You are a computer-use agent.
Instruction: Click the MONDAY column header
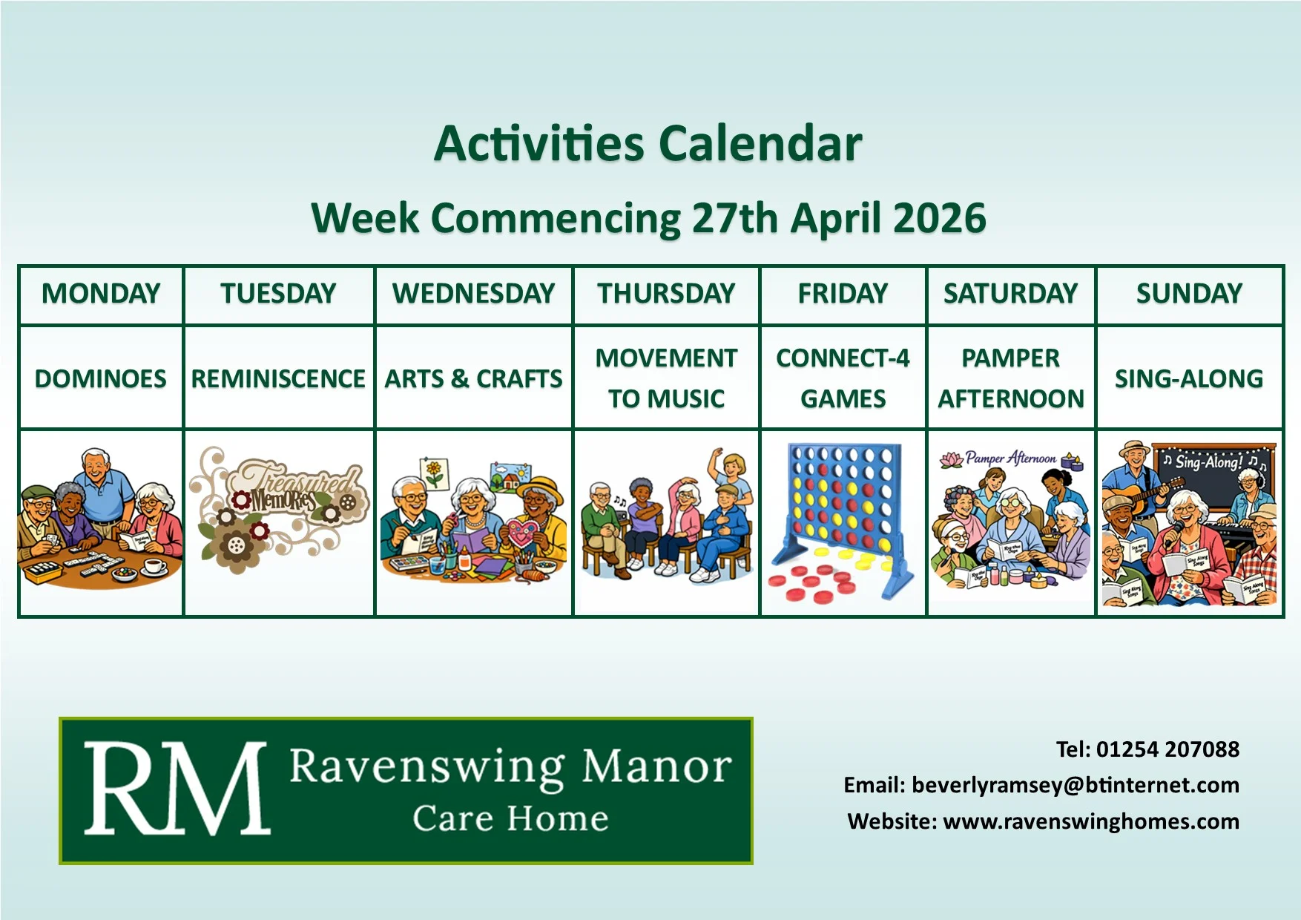pos(101,294)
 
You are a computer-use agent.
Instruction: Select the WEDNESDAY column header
pos(474,294)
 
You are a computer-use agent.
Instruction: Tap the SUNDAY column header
pos(1189,294)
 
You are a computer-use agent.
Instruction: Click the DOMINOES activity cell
pos(101,378)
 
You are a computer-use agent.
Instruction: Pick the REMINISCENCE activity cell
pos(278,378)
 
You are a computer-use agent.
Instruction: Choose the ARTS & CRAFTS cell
pos(474,378)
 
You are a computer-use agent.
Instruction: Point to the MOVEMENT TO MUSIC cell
pos(666,378)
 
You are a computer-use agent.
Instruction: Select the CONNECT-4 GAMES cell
pos(843,378)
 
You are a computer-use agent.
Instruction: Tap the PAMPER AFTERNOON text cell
pos(1011,378)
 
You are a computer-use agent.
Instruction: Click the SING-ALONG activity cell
pos(1189,378)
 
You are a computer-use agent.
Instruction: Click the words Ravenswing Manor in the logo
pos(510,766)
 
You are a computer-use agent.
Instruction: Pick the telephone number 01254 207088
pos(1167,749)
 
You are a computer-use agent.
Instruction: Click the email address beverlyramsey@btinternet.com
pos(1075,785)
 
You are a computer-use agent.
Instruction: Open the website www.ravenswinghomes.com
pos(1090,821)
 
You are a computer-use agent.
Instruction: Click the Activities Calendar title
pos(648,143)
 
